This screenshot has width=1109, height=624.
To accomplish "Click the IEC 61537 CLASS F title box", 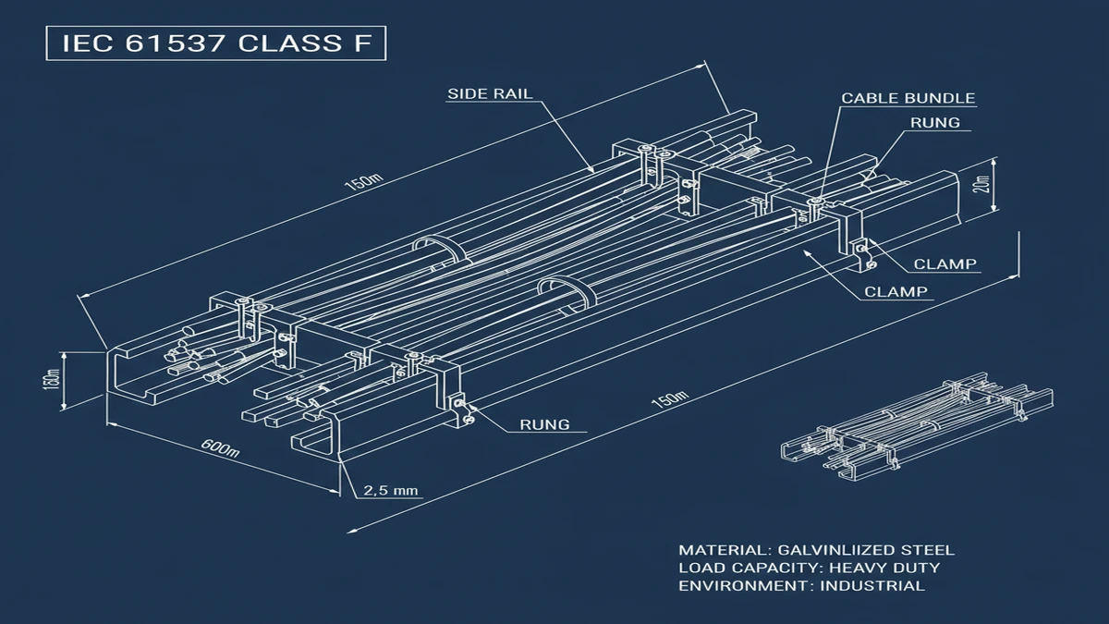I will (x=215, y=43).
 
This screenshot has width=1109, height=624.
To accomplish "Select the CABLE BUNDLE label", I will (x=908, y=98).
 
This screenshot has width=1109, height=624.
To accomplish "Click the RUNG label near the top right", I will (x=934, y=121).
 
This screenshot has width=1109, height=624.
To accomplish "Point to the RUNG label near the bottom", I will (x=544, y=425).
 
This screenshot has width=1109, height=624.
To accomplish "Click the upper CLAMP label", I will (x=944, y=264).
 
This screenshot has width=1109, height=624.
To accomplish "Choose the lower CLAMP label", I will (x=896, y=292).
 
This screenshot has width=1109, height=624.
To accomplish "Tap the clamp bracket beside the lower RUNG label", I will (x=458, y=407).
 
